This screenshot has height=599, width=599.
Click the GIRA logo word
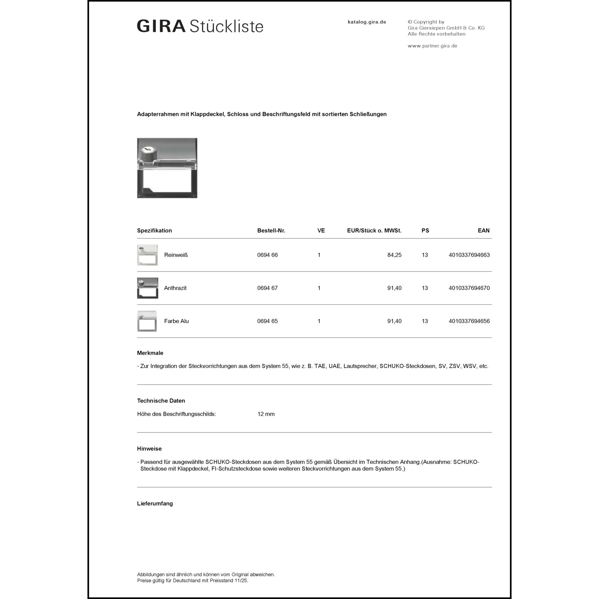[x=161, y=26]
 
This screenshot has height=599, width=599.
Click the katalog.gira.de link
[x=367, y=22]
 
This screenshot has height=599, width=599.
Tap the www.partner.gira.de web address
[x=432, y=46]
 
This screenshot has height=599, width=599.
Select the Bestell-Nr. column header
[x=271, y=230]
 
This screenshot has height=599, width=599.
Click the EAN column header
[x=483, y=230]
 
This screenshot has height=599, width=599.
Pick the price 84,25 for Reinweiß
[x=394, y=255]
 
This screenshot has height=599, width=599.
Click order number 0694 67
[x=267, y=288]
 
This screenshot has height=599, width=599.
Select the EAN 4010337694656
[x=469, y=321]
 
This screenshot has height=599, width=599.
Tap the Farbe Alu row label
[x=176, y=321]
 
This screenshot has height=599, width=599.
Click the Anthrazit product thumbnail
[x=147, y=288]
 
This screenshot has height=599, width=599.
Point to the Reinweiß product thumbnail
[x=147, y=255]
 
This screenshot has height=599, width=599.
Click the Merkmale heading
[x=150, y=353]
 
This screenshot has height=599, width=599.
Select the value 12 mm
[x=266, y=414]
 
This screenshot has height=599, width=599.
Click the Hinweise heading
[x=149, y=449]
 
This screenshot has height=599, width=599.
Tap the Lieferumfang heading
[x=155, y=504]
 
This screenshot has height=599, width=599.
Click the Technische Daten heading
[x=161, y=401]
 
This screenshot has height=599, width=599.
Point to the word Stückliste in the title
[x=226, y=26]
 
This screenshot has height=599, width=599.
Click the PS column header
[x=425, y=230]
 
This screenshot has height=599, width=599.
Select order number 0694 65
[x=267, y=321]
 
